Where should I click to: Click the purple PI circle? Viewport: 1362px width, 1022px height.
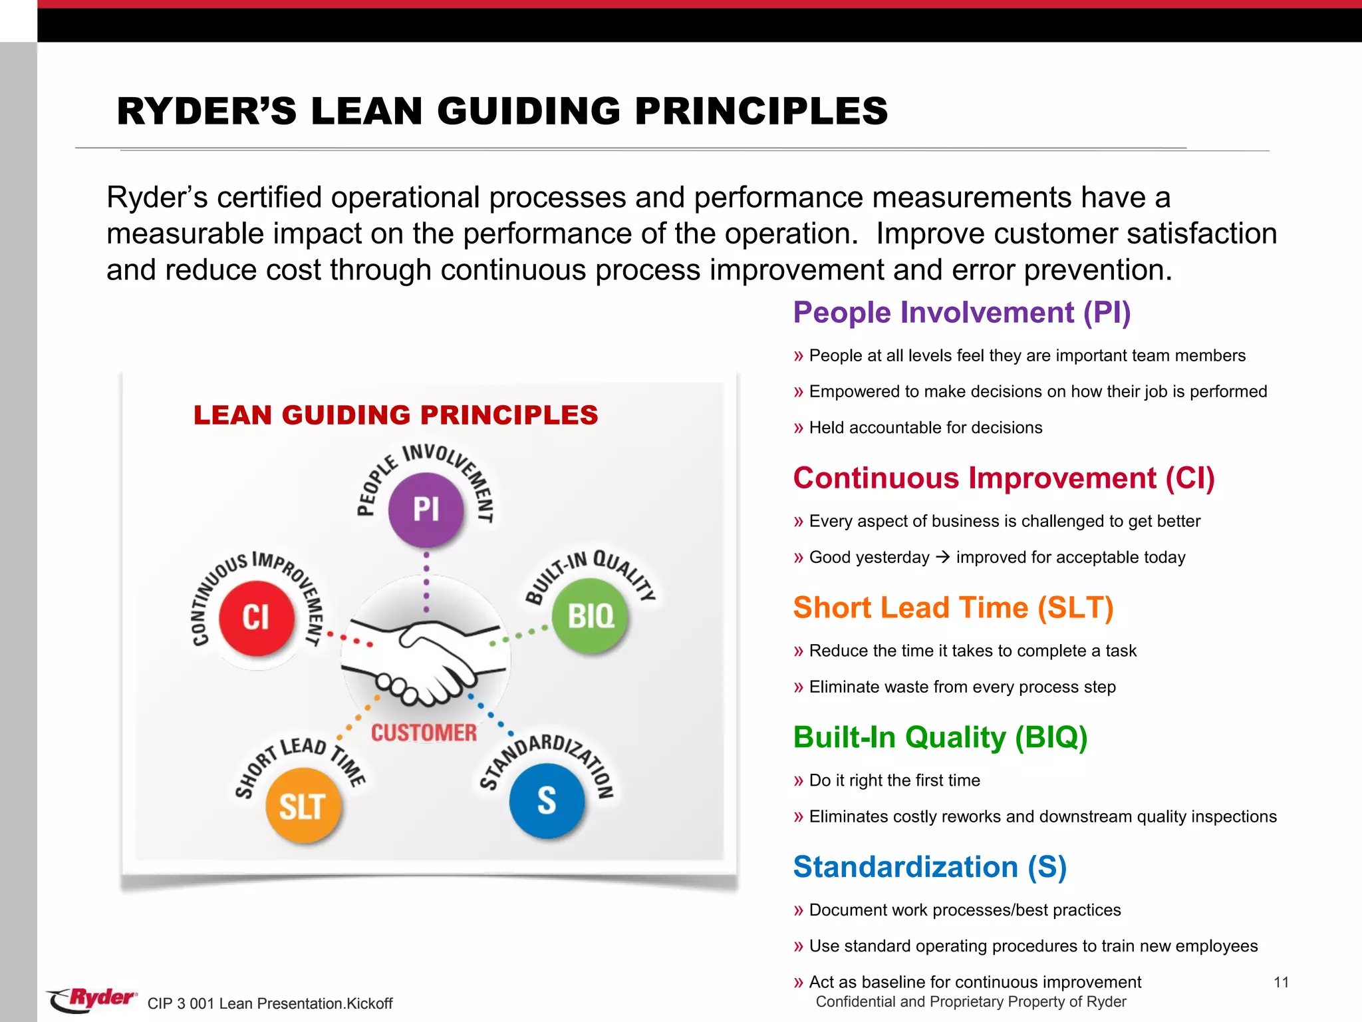coord(426,510)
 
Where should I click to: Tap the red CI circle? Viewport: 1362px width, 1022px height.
coord(256,617)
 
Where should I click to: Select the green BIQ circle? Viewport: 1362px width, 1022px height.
coord(591,616)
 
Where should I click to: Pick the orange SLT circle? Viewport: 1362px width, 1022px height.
coord(303,806)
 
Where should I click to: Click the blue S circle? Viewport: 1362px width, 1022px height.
coord(547,800)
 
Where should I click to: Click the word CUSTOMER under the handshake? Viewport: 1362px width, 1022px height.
coord(424,733)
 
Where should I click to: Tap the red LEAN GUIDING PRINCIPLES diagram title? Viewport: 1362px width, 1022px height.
coord(396,415)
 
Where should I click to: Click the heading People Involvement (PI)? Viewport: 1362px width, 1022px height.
coord(962,313)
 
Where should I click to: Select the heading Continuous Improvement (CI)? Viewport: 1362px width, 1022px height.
coord(1004,478)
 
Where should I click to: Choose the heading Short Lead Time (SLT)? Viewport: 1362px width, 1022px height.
coord(953,608)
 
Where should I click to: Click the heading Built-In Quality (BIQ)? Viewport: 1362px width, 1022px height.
coord(940,737)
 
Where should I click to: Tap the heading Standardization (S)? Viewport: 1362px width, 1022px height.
coord(930,867)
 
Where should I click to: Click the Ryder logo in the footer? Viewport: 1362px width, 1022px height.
coord(93,999)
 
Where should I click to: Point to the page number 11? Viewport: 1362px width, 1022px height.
coord(1281,983)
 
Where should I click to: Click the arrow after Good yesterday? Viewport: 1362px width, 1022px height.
coord(942,557)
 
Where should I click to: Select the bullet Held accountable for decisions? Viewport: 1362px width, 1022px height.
coord(925,428)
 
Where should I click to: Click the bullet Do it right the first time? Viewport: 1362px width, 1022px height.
coord(894,780)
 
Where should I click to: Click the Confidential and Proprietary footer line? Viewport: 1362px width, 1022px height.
coord(971,1002)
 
